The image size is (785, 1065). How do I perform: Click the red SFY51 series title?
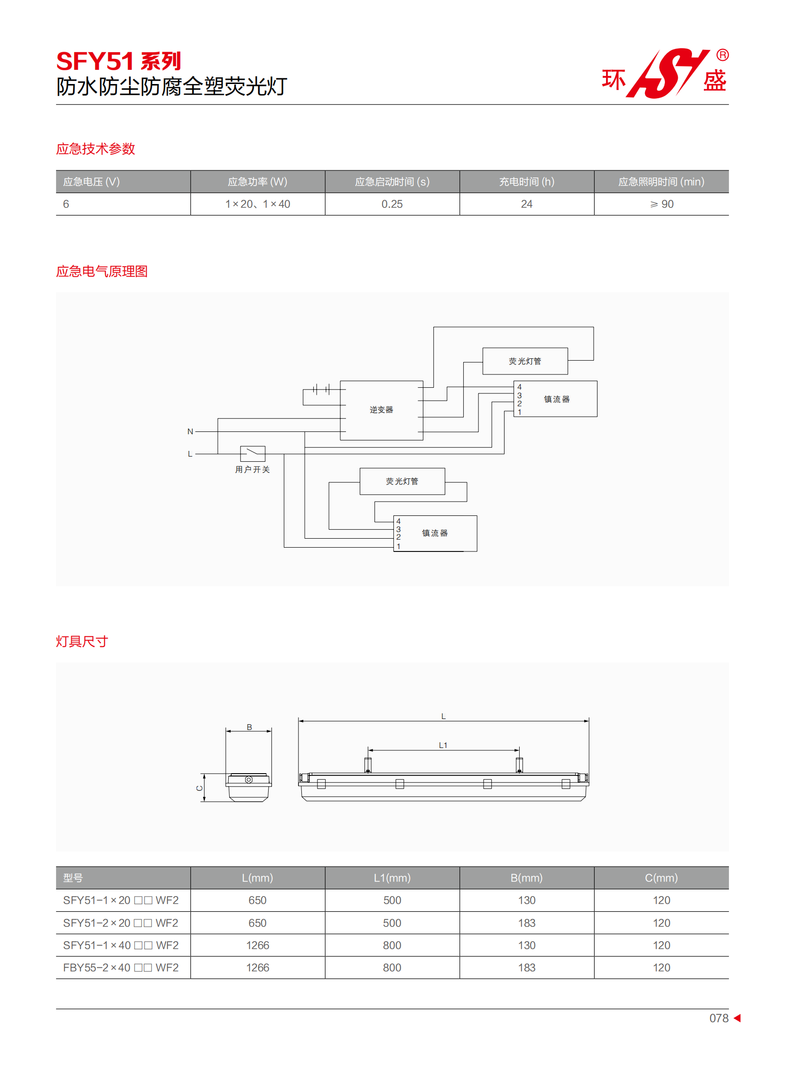click(118, 61)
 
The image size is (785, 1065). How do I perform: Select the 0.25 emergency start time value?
click(392, 204)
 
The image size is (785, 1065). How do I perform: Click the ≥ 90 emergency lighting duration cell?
click(662, 204)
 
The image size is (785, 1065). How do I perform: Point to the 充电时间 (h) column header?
click(526, 182)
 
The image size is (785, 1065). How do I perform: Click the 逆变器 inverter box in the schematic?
click(382, 410)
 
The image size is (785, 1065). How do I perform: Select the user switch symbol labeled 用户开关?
click(252, 454)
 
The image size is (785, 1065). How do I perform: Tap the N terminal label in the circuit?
click(190, 431)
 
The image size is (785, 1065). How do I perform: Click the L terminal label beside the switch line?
click(190, 454)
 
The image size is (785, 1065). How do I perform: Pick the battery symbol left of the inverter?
click(321, 390)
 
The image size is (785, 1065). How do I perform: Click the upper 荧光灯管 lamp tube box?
click(525, 361)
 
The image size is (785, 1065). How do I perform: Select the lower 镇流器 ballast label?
click(435, 533)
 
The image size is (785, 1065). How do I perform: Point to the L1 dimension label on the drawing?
click(443, 745)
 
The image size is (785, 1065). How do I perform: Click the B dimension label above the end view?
click(249, 727)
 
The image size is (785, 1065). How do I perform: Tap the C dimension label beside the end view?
click(200, 788)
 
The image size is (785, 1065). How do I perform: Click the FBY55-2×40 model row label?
click(121, 968)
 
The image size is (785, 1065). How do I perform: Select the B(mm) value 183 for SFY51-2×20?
click(526, 923)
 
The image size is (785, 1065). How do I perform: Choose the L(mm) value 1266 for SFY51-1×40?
click(258, 945)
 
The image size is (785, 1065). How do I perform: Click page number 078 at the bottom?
click(719, 1018)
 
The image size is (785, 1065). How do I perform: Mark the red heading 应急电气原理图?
click(102, 271)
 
